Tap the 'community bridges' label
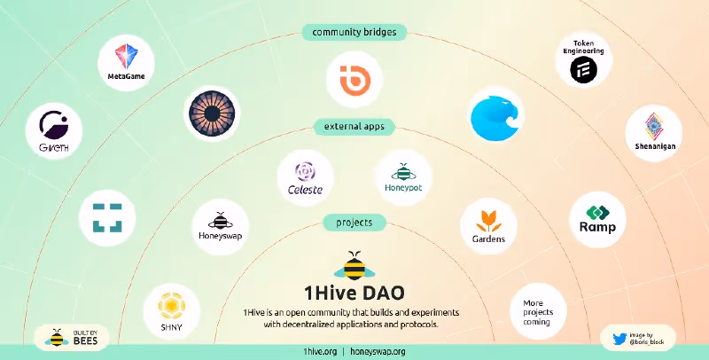point(354,32)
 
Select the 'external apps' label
point(354,127)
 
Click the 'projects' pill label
point(354,222)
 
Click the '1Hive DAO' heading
point(354,293)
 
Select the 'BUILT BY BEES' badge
point(72,338)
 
